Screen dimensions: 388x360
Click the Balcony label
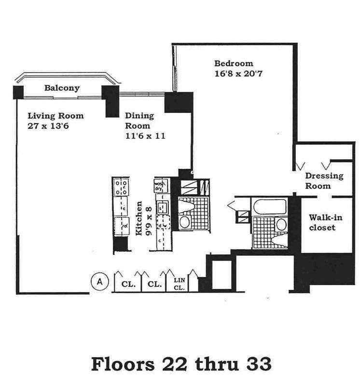62,88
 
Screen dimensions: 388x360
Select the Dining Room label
139,120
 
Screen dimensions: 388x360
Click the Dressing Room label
324,180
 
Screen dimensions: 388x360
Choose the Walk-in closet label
322,222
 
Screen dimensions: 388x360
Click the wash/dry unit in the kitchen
160,186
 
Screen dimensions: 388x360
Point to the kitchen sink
162,208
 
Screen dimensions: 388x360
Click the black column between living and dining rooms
111,101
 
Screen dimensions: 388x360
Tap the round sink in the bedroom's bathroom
281,224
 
